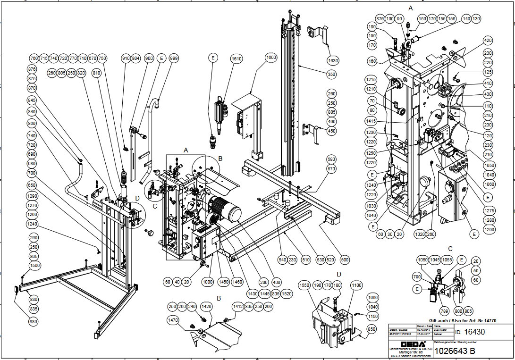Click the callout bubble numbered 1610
click(236, 59)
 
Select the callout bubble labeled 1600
click(270, 58)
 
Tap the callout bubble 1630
click(333, 60)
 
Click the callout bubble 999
click(174, 58)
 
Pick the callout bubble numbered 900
click(149, 58)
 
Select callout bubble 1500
click(34, 265)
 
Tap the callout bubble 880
click(34, 322)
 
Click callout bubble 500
click(345, 260)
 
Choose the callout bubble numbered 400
click(277, 282)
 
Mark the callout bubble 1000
click(208, 282)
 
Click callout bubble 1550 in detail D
click(305, 285)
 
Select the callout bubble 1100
click(356, 285)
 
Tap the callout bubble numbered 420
click(488, 41)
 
